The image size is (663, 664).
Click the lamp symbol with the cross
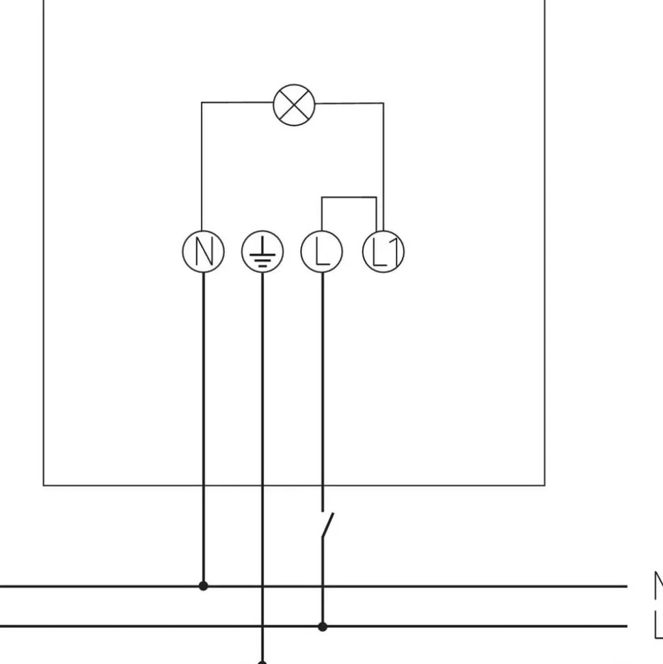(294, 105)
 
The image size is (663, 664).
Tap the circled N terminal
(203, 252)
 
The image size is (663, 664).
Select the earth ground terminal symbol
(262, 252)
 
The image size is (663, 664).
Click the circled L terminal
(322, 252)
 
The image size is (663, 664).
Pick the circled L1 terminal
(383, 252)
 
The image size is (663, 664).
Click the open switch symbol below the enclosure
(326, 524)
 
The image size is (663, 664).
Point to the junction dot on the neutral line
(203, 586)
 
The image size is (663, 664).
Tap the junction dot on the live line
(323, 626)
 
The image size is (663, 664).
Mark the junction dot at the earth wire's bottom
(262, 661)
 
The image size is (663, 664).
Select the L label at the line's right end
(658, 625)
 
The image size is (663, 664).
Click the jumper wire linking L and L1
(349, 198)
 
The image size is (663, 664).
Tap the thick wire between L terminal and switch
(323, 383)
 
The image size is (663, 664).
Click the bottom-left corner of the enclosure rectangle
(44, 486)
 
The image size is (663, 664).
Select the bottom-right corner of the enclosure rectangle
(545, 486)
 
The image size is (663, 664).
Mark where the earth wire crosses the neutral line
(262, 586)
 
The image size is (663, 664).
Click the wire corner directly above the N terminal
(202, 103)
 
